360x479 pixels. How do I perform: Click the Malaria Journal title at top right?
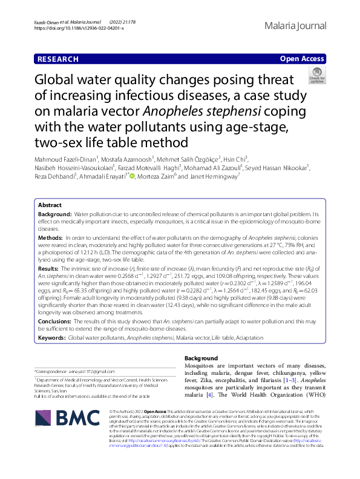pyautogui.click(x=295, y=26)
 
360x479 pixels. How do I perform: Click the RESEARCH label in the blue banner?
pyautogui.click(x=57, y=59)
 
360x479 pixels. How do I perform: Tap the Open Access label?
pyautogui.click(x=302, y=59)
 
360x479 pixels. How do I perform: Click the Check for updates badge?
pyautogui.click(x=316, y=76)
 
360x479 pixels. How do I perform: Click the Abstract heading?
pyautogui.click(x=50, y=205)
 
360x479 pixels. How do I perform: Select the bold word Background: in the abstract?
pyautogui.click(x=54, y=215)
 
